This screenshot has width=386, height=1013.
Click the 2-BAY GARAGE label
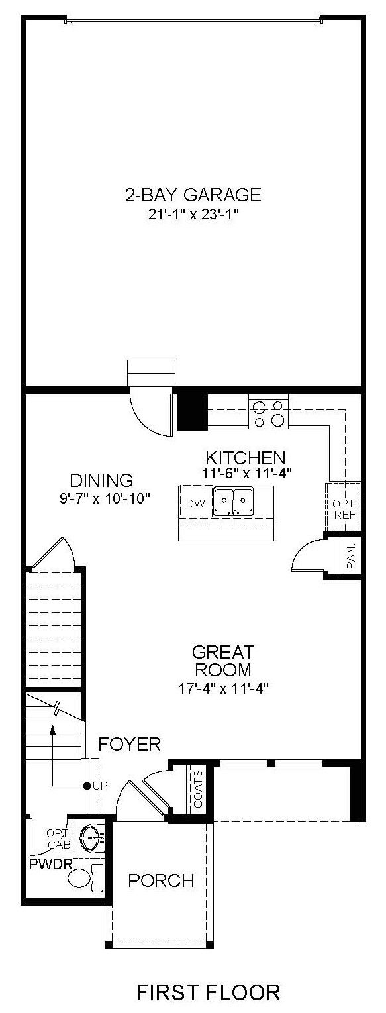(193, 195)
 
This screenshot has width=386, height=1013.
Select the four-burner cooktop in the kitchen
(269, 414)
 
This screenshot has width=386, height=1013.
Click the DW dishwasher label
(195, 504)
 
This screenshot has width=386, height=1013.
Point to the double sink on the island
(233, 501)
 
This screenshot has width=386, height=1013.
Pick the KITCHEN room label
(246, 458)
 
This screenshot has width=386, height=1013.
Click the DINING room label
(101, 480)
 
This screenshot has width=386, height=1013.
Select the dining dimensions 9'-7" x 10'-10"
(105, 498)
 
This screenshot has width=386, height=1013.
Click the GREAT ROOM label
(223, 660)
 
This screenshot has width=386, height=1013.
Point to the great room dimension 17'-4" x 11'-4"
(224, 688)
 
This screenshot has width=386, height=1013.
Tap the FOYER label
(130, 744)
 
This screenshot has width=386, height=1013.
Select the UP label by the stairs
(100, 786)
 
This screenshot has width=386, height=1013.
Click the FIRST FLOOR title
(209, 992)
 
